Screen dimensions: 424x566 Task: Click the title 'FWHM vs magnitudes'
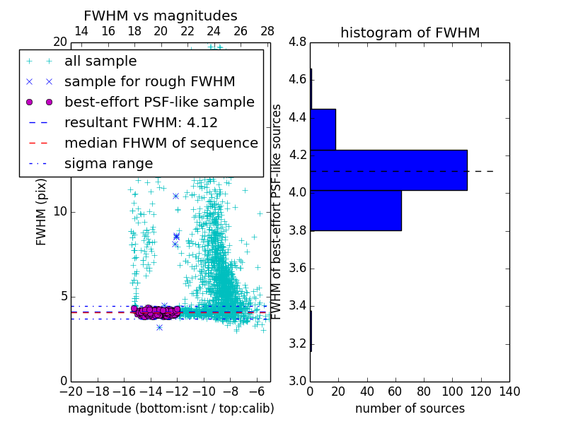click(161, 16)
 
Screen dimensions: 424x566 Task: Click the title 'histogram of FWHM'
click(410, 33)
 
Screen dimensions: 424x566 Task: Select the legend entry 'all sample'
click(100, 61)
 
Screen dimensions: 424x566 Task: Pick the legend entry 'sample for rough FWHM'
click(149, 82)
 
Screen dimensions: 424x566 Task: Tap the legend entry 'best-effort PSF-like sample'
click(159, 102)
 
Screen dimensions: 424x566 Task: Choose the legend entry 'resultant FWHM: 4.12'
click(141, 122)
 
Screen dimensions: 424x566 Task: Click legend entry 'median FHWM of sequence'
click(161, 143)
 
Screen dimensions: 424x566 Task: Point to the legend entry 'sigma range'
click(108, 163)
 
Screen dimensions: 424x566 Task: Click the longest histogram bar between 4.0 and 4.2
click(388, 170)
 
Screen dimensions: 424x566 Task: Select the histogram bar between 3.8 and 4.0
click(356, 211)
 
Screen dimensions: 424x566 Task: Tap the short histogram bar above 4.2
click(323, 129)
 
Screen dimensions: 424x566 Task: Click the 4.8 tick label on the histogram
click(298, 42)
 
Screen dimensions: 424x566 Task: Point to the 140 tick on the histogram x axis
click(509, 391)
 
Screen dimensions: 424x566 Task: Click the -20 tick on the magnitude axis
click(71, 391)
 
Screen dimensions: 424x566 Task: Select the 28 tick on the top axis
click(267, 31)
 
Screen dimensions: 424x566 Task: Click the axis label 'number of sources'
click(410, 408)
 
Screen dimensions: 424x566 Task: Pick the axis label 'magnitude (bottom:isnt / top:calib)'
click(171, 408)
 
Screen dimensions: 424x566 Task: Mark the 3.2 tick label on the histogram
click(298, 343)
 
